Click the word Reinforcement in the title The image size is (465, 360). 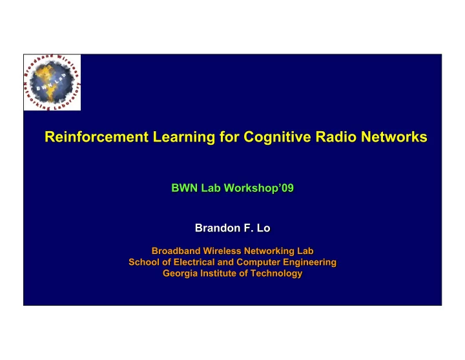point(96,137)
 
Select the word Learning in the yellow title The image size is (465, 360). point(184,138)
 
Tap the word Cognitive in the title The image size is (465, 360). point(277,138)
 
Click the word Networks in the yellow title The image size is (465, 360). point(394,137)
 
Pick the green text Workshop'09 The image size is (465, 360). point(258,188)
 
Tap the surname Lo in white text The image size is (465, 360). point(263,228)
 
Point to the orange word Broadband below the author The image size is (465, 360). point(176,251)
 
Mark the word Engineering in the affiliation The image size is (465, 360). point(309,262)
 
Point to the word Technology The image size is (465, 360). point(276,273)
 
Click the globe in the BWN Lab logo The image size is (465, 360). point(52,81)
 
